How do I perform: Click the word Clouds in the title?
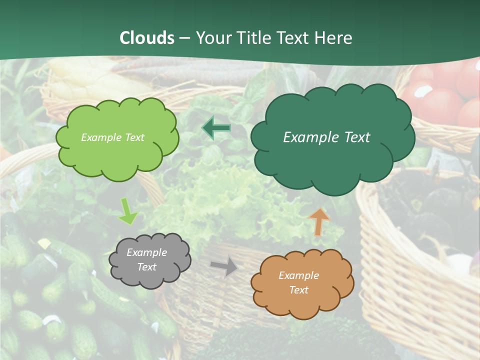[147, 38]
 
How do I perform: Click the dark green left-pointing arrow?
[216, 128]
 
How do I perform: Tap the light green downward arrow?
[127, 211]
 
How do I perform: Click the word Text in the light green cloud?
[134, 137]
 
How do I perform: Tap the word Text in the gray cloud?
[146, 267]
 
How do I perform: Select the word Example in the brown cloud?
[298, 275]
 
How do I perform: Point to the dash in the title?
[184, 38]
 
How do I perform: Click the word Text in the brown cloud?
[298, 290]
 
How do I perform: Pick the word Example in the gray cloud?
[146, 252]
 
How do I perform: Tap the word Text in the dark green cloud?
[357, 137]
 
